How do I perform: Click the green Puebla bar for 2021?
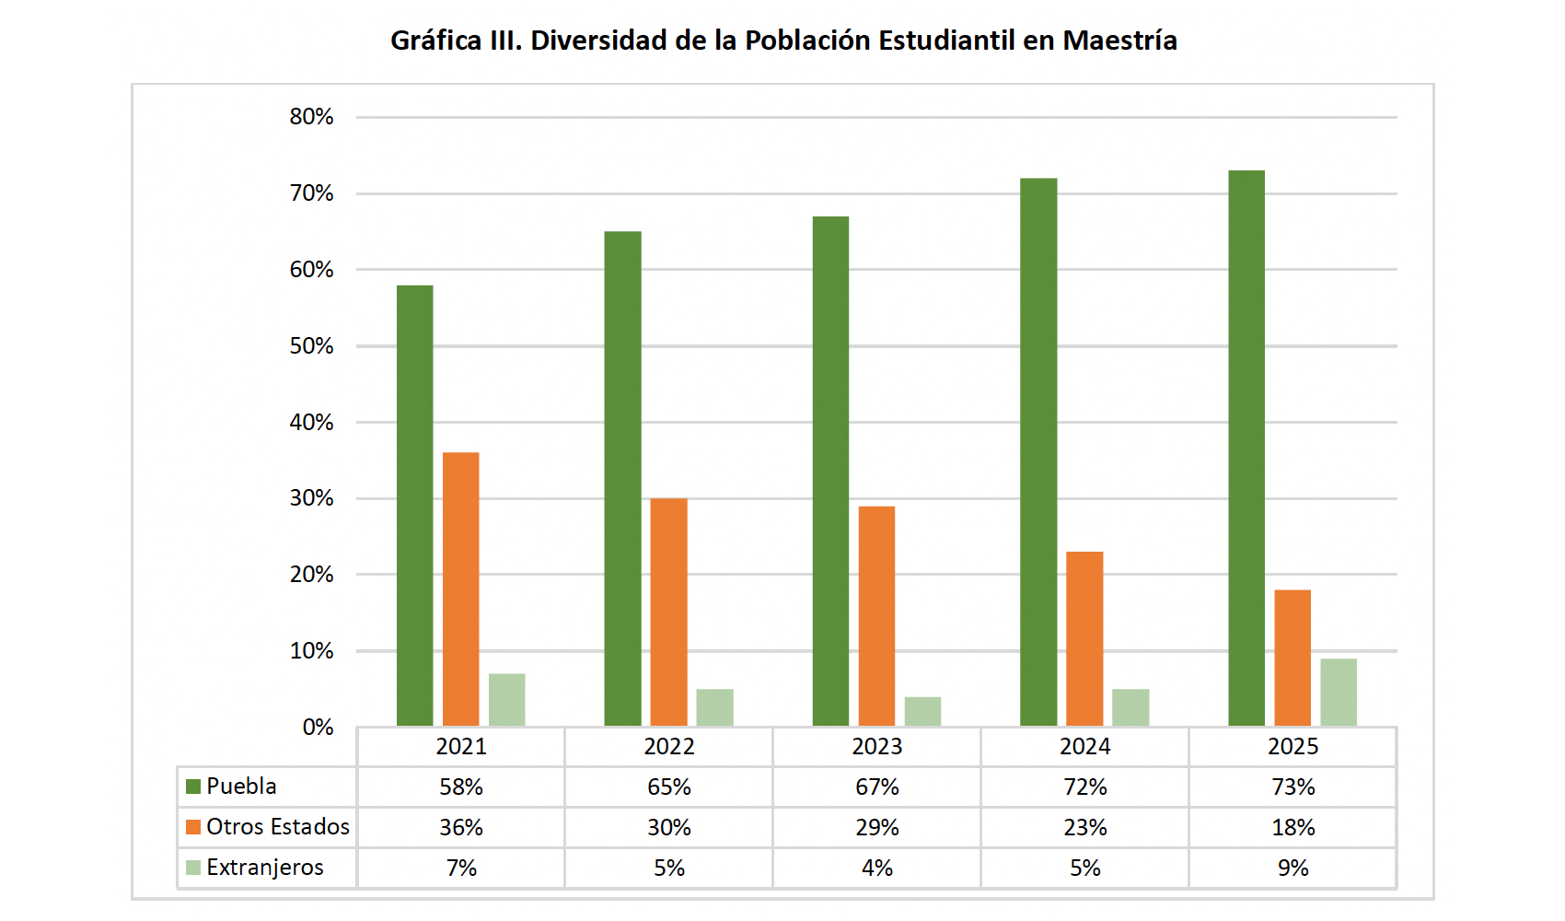414,507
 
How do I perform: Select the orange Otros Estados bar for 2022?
668,612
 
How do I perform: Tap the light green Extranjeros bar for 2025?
1338,693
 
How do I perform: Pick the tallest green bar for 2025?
1246,449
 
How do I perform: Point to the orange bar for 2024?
1084,639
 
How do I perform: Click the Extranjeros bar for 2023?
922,712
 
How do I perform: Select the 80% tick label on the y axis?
311,117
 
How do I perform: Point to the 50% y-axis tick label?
311,346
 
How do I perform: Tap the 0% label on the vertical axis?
318,728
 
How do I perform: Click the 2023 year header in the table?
876,747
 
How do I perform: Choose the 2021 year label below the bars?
460,747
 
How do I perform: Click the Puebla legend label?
241,787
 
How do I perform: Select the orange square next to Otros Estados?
193,827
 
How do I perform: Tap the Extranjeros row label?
264,868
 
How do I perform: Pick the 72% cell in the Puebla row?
1084,787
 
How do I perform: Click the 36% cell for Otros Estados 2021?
460,828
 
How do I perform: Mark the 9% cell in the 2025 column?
1293,869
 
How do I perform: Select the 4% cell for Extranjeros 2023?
876,869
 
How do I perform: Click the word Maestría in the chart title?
1119,41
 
